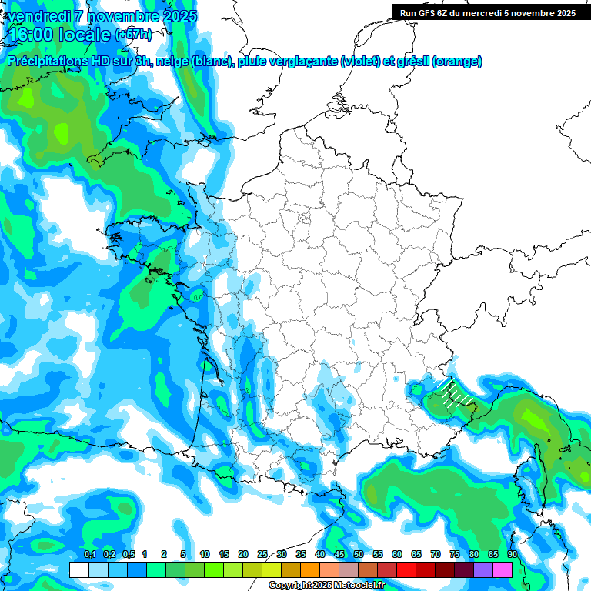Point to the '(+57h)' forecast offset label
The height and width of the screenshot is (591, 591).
click(133, 35)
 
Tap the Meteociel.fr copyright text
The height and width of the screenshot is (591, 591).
click(326, 586)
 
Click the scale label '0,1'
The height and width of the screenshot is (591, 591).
click(90, 555)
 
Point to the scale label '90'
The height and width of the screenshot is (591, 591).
click(513, 555)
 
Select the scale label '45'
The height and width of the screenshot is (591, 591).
click(339, 555)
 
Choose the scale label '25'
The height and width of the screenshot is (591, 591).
click(262, 555)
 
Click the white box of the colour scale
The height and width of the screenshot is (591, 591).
click(78, 569)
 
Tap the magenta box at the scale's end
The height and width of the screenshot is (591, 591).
click(503, 569)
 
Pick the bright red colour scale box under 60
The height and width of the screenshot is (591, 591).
click(406, 569)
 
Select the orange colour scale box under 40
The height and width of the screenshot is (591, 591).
click(310, 569)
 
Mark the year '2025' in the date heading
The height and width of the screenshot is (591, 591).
click(175, 16)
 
